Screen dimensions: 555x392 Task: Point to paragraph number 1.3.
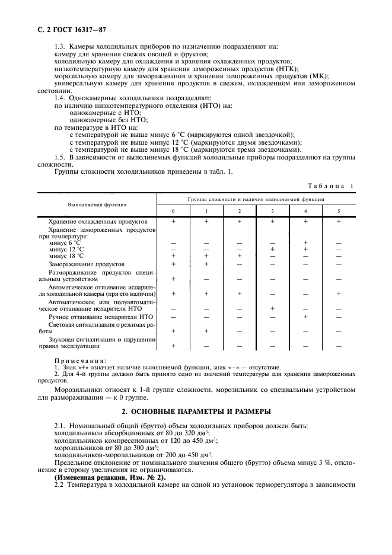pos(60,46)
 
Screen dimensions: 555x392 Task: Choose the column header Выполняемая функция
pos(97,205)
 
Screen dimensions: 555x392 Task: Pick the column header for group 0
pos(173,211)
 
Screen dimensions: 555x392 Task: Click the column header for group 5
pos(339,211)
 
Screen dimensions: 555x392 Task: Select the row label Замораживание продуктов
pos(87,263)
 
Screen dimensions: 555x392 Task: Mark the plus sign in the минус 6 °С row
pos(305,243)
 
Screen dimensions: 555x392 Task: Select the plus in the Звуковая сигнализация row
pos(173,346)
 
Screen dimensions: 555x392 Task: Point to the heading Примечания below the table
pos(80,360)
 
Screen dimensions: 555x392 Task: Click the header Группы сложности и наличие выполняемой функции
pos(256,199)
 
